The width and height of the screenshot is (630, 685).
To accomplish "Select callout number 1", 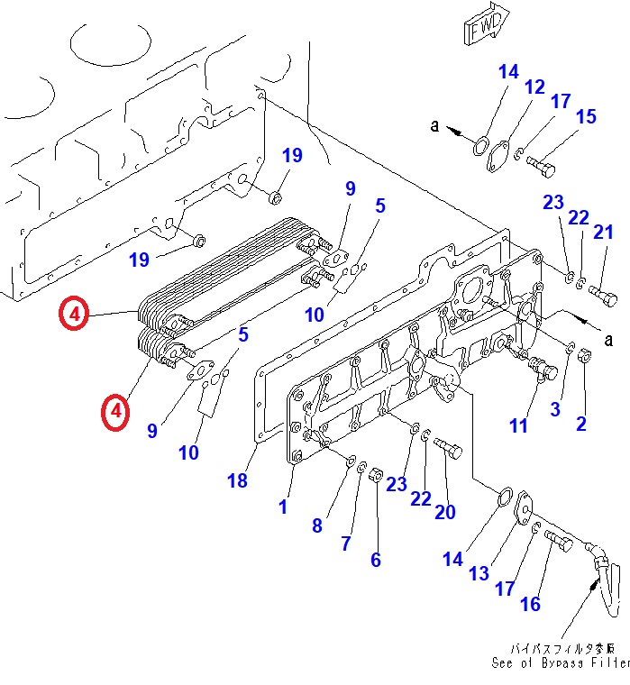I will (x=283, y=507).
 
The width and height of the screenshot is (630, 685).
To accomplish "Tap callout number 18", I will (x=237, y=480).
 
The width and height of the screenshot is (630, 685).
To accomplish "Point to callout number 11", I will (x=517, y=425).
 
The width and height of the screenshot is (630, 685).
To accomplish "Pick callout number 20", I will (x=445, y=511).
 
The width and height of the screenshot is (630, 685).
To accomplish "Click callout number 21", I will (x=602, y=232).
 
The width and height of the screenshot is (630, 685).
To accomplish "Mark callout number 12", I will (x=534, y=87).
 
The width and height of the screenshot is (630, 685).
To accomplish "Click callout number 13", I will (x=479, y=572).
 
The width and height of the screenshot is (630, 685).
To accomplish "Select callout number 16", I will (x=530, y=603).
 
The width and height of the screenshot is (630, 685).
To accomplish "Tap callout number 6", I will (x=375, y=560).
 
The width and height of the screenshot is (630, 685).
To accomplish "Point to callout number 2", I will (x=581, y=423).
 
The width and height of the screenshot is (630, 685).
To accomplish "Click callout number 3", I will (x=555, y=408).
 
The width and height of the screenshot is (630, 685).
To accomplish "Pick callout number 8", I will (x=316, y=525).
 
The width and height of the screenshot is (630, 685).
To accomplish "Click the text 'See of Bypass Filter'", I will (x=560, y=663).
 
